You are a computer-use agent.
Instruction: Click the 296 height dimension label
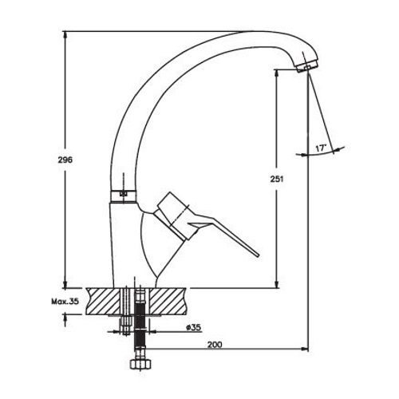click(x=65, y=160)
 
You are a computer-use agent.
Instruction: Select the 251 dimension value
click(x=277, y=179)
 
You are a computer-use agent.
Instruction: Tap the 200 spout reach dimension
click(x=215, y=345)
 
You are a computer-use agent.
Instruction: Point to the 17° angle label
click(x=321, y=148)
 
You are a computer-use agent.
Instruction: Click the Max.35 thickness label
click(x=65, y=302)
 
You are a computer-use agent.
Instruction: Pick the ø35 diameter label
click(x=193, y=327)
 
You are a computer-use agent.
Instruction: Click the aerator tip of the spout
click(x=306, y=65)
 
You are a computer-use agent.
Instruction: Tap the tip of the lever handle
click(x=257, y=255)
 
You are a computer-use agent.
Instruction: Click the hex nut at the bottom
click(x=140, y=364)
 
